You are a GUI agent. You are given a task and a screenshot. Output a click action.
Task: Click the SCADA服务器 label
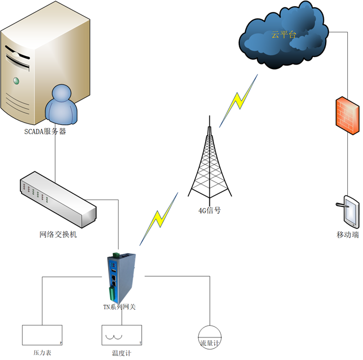tap(45, 132)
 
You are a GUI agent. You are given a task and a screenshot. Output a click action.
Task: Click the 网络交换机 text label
tap(58, 235)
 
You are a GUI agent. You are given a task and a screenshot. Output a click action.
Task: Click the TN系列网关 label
tap(119, 307)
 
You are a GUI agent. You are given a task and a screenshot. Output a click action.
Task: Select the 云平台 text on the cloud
tap(283, 35)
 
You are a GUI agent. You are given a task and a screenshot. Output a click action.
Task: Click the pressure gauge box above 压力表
tap(42, 335)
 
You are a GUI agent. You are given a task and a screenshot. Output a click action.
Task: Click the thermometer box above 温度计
tap(122, 335)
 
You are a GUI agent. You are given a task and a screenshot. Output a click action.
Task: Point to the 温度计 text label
tap(122, 353)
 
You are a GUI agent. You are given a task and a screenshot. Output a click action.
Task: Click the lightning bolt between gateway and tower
tap(158, 220)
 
